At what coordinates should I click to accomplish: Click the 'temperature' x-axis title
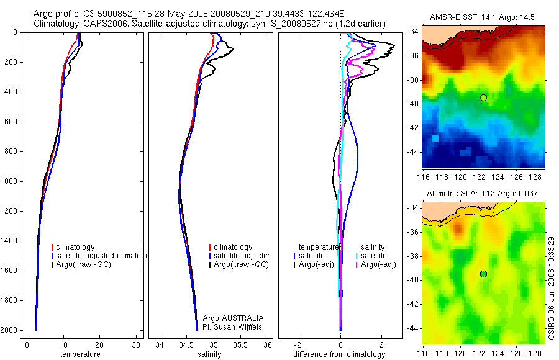pos(80,354)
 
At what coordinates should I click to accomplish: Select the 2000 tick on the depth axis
pos(9,330)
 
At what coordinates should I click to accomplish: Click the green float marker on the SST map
pos(483,97)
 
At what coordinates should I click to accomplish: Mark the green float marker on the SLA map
pos(483,274)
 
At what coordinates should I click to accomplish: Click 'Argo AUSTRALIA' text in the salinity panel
pos(229,318)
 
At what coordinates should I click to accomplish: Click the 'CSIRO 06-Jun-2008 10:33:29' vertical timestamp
pos(552,286)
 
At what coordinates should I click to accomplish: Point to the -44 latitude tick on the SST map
pos(413,151)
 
